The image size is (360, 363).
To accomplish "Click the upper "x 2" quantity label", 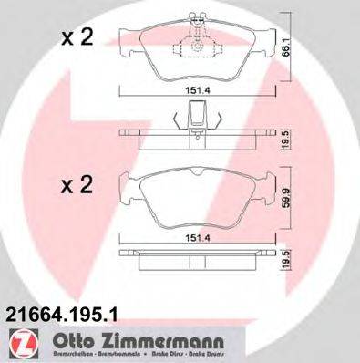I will [77, 38].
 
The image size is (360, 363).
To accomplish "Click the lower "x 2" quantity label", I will [77, 186].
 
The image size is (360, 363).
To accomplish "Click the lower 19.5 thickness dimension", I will [285, 263].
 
